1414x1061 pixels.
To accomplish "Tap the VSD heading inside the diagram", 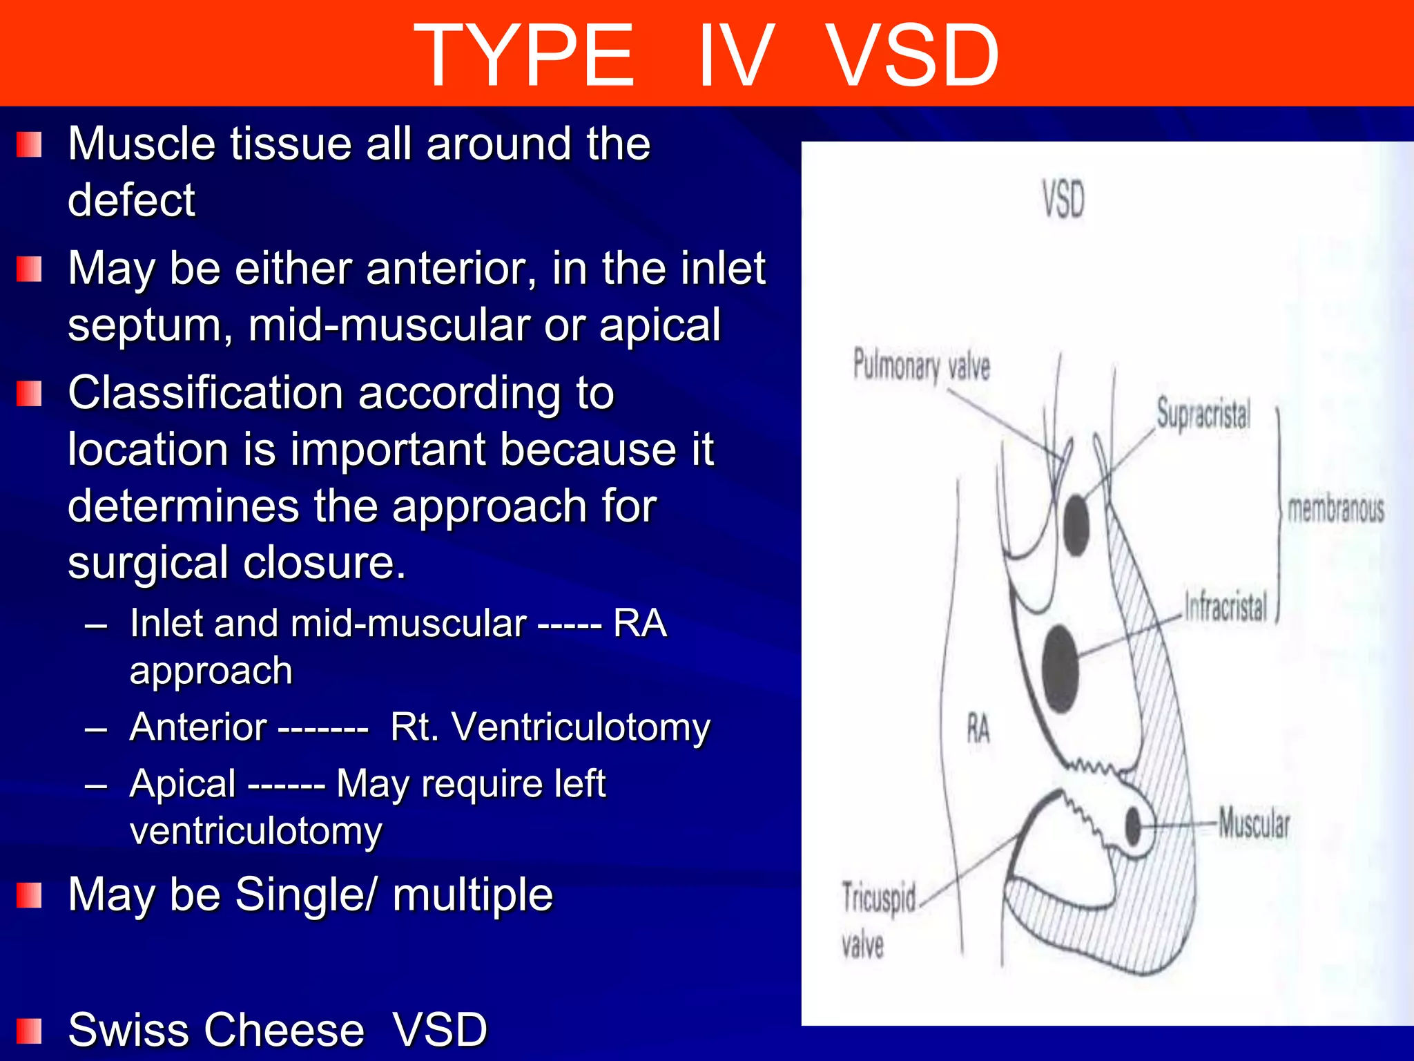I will pos(1063,199).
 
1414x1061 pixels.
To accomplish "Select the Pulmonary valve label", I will pos(921,365).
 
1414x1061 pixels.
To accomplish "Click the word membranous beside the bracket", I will pos(1336,510).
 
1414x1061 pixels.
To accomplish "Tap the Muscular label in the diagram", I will pos(1254,823).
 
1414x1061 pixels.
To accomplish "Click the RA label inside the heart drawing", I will pos(978,729).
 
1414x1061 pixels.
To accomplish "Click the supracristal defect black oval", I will pos(1076,525).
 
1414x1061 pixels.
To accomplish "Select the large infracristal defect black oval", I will pos(1060,669).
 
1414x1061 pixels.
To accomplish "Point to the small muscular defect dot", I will pos(1132,825).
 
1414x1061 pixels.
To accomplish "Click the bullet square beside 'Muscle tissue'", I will pos(29,144).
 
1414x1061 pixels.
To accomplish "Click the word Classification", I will pos(205,394).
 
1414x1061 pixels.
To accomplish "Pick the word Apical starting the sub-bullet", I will pos(183,784).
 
